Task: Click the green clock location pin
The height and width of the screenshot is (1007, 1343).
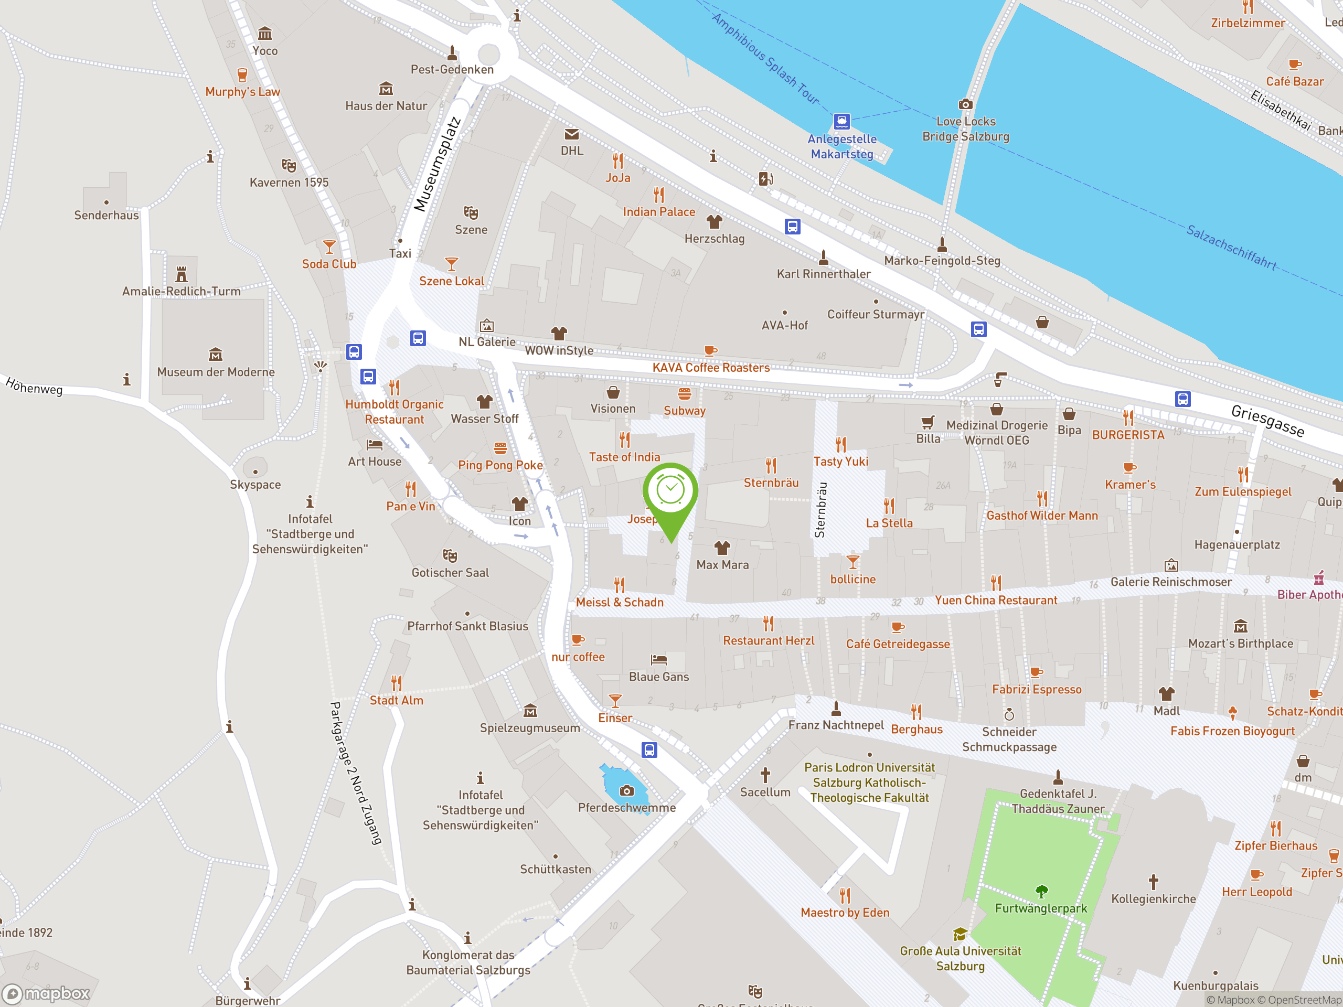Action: (670, 490)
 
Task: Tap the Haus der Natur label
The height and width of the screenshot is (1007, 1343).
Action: (386, 105)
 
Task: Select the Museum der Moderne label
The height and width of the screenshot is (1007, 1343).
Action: (216, 372)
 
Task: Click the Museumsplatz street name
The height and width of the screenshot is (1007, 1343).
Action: (436, 164)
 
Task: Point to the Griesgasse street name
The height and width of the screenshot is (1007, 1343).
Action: (1267, 420)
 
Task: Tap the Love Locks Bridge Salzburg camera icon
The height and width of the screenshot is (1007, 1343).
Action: (965, 104)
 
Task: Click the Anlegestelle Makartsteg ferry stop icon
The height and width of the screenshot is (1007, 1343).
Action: (841, 121)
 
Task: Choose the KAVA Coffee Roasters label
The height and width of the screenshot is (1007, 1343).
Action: (711, 367)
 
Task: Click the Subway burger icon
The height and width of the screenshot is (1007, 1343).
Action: (684, 394)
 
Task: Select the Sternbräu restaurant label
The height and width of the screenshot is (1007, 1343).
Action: (771, 483)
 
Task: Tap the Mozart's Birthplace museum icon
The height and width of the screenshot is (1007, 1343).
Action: (1240, 626)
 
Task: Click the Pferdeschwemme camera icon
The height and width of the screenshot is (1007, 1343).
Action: (626, 790)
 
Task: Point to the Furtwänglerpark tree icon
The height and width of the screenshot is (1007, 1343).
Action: (1041, 891)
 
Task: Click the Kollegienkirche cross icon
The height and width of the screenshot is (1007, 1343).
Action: (1154, 881)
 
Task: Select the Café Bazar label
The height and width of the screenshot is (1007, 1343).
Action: (1294, 81)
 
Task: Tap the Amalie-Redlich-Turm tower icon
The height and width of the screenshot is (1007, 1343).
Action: (182, 274)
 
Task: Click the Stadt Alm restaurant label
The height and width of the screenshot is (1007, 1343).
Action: (397, 700)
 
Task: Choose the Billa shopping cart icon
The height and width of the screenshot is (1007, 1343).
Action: (928, 422)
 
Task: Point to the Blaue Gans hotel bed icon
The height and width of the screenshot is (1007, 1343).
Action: (659, 660)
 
